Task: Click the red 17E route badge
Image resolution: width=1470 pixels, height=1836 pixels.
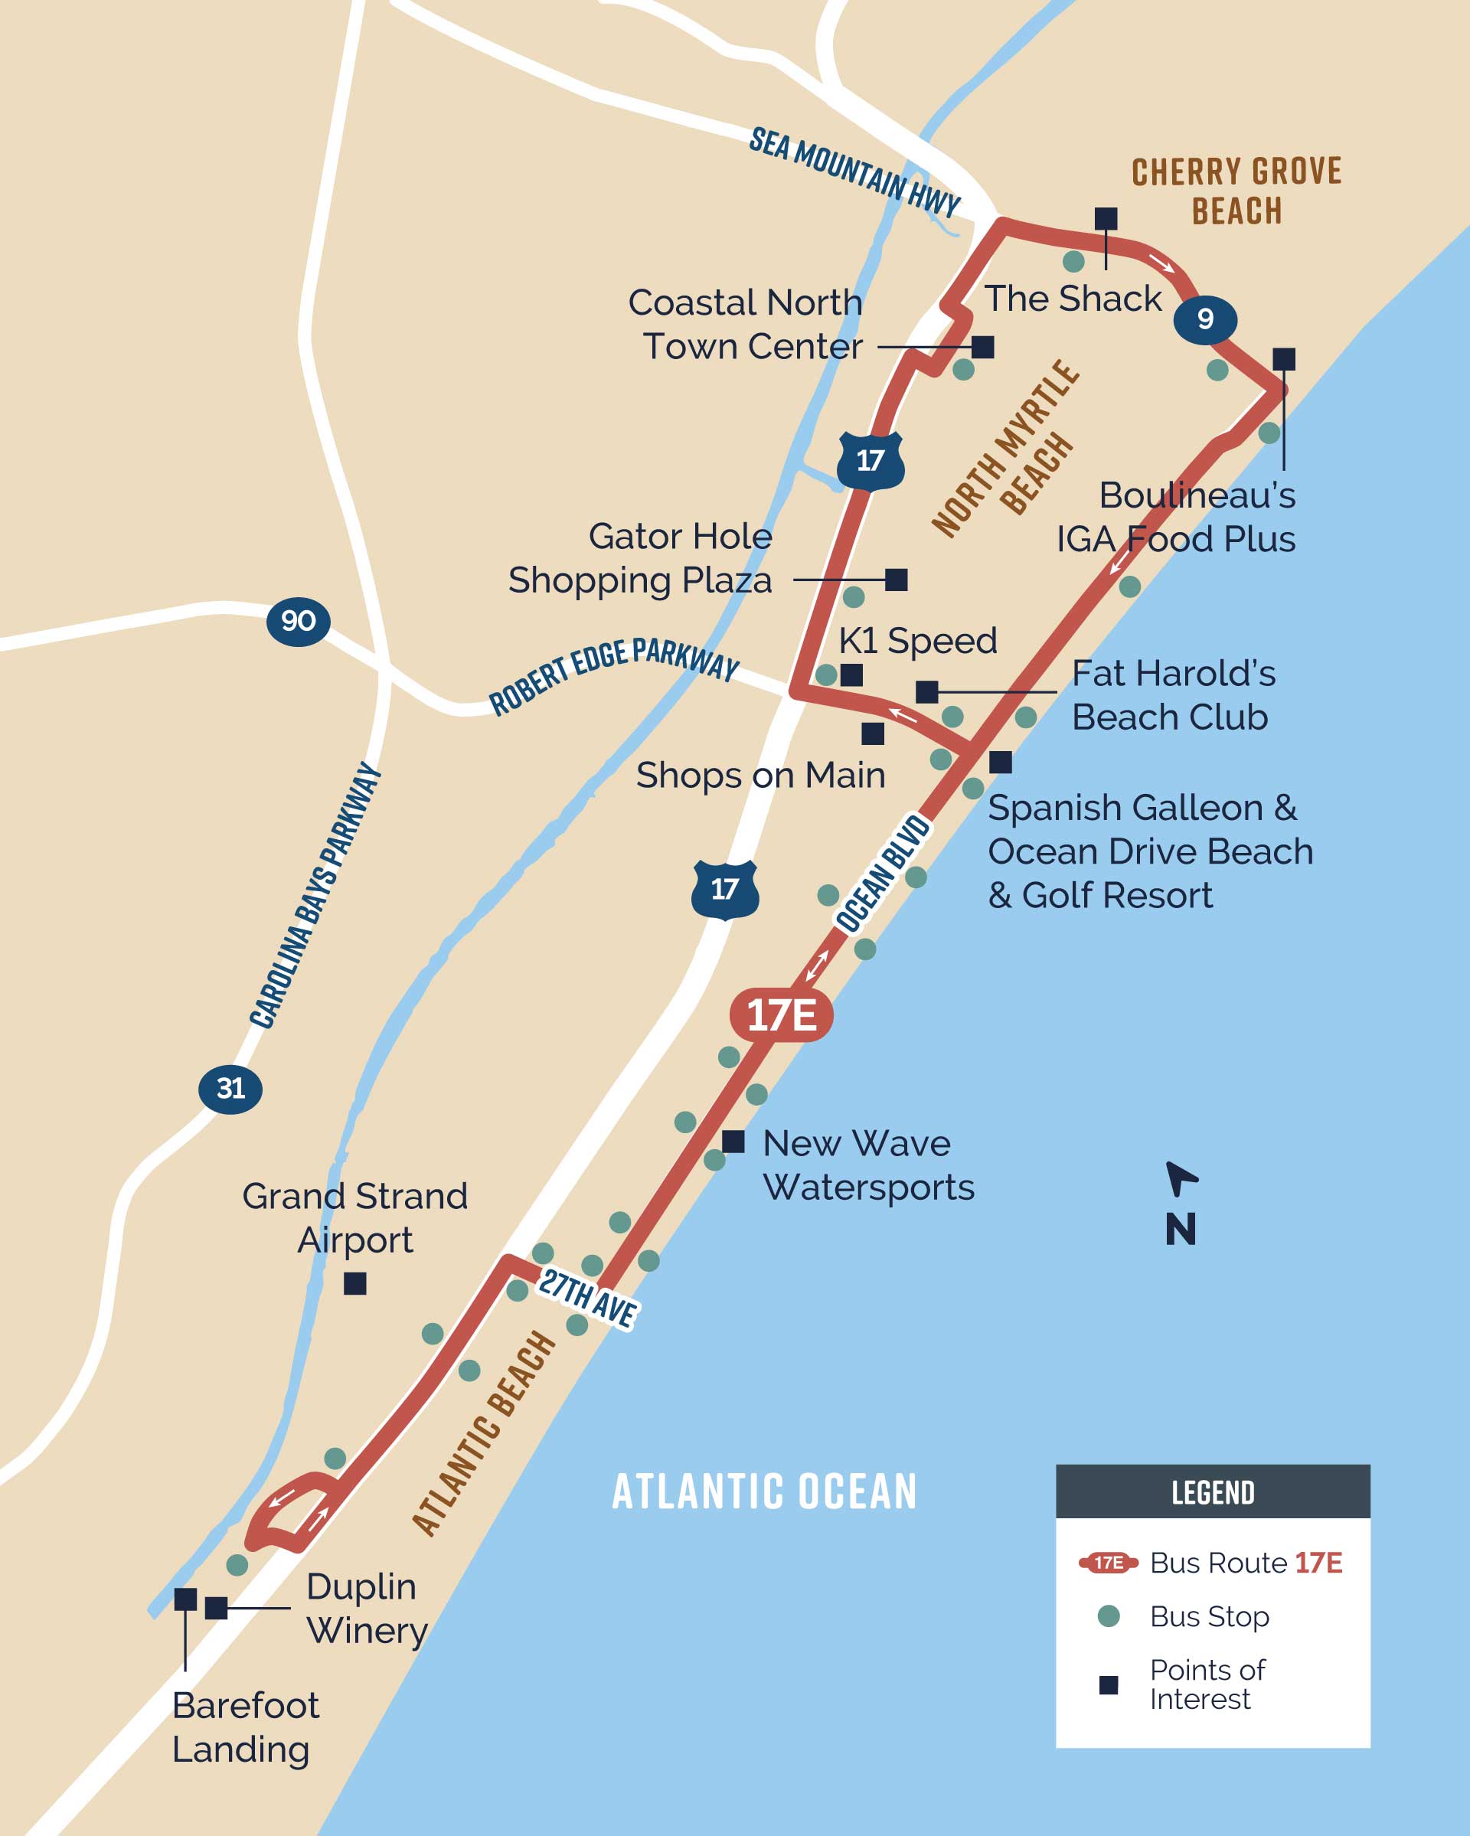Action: pyautogui.click(x=781, y=1015)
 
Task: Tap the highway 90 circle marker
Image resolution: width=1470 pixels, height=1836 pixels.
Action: pyautogui.click(x=298, y=621)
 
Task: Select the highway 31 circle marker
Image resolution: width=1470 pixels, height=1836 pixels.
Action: pyautogui.click(x=230, y=1088)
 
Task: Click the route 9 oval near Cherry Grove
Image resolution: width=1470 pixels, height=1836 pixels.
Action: pyautogui.click(x=1205, y=319)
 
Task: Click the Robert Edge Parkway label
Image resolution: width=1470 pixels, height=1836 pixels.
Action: pyautogui.click(x=614, y=674)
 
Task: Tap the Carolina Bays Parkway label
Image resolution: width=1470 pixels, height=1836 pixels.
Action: pyautogui.click(x=315, y=895)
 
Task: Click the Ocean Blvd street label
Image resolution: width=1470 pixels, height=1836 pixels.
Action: pyautogui.click(x=881, y=874)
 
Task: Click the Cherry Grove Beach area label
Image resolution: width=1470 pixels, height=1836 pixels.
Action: pyautogui.click(x=1236, y=191)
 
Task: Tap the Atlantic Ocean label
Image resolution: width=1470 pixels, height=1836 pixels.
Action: pyautogui.click(x=764, y=1492)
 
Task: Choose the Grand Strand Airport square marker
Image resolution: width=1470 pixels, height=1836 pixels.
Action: pyautogui.click(x=355, y=1283)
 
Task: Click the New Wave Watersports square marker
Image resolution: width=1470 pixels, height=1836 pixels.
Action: pyautogui.click(x=733, y=1141)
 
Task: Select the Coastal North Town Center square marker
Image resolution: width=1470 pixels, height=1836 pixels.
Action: pyautogui.click(x=983, y=347)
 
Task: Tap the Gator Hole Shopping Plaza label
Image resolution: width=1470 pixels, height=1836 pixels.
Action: pyautogui.click(x=641, y=559)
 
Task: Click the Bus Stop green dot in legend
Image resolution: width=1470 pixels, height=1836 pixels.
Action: pyautogui.click(x=1108, y=1615)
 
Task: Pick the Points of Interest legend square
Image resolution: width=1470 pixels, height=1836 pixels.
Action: pyautogui.click(x=1108, y=1684)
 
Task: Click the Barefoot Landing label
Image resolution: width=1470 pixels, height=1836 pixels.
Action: pyautogui.click(x=245, y=1727)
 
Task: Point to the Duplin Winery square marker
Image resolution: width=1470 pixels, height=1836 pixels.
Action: pyautogui.click(x=217, y=1608)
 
